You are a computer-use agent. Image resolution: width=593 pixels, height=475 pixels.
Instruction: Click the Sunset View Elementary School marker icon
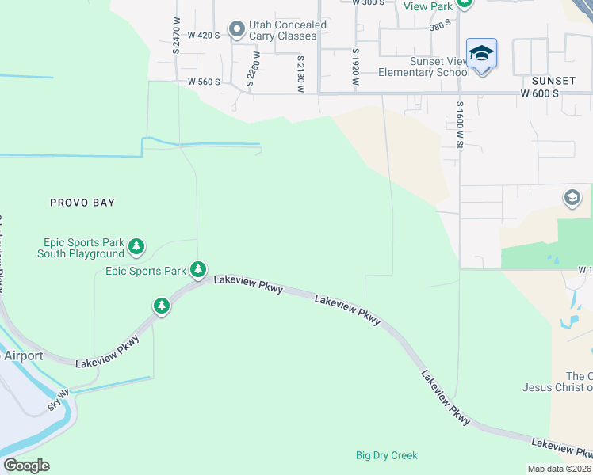(481, 54)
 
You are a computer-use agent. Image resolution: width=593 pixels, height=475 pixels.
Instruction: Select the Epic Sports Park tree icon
(197, 271)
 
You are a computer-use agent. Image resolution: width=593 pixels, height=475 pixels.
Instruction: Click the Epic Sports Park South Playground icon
(137, 246)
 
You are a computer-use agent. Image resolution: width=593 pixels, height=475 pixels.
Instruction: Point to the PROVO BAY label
(82, 203)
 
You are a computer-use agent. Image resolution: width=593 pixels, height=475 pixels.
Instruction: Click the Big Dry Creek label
(386, 455)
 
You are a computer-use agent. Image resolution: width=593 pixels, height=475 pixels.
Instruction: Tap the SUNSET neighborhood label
(553, 81)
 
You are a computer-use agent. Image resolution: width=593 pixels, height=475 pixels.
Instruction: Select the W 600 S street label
(540, 93)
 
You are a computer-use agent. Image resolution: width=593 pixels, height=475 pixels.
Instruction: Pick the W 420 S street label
(203, 36)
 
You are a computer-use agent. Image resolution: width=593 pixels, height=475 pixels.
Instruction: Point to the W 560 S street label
(203, 82)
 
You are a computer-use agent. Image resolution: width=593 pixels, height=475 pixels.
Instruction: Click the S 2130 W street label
(301, 74)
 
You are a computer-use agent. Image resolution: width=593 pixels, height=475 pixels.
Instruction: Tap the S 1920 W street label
(355, 67)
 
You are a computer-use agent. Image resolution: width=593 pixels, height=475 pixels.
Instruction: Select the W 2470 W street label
(178, 36)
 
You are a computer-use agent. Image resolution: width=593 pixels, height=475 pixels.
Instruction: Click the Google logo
(27, 465)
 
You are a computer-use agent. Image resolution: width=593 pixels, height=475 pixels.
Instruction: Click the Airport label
(23, 356)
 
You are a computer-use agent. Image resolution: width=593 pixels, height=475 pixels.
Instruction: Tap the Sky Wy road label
(58, 398)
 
